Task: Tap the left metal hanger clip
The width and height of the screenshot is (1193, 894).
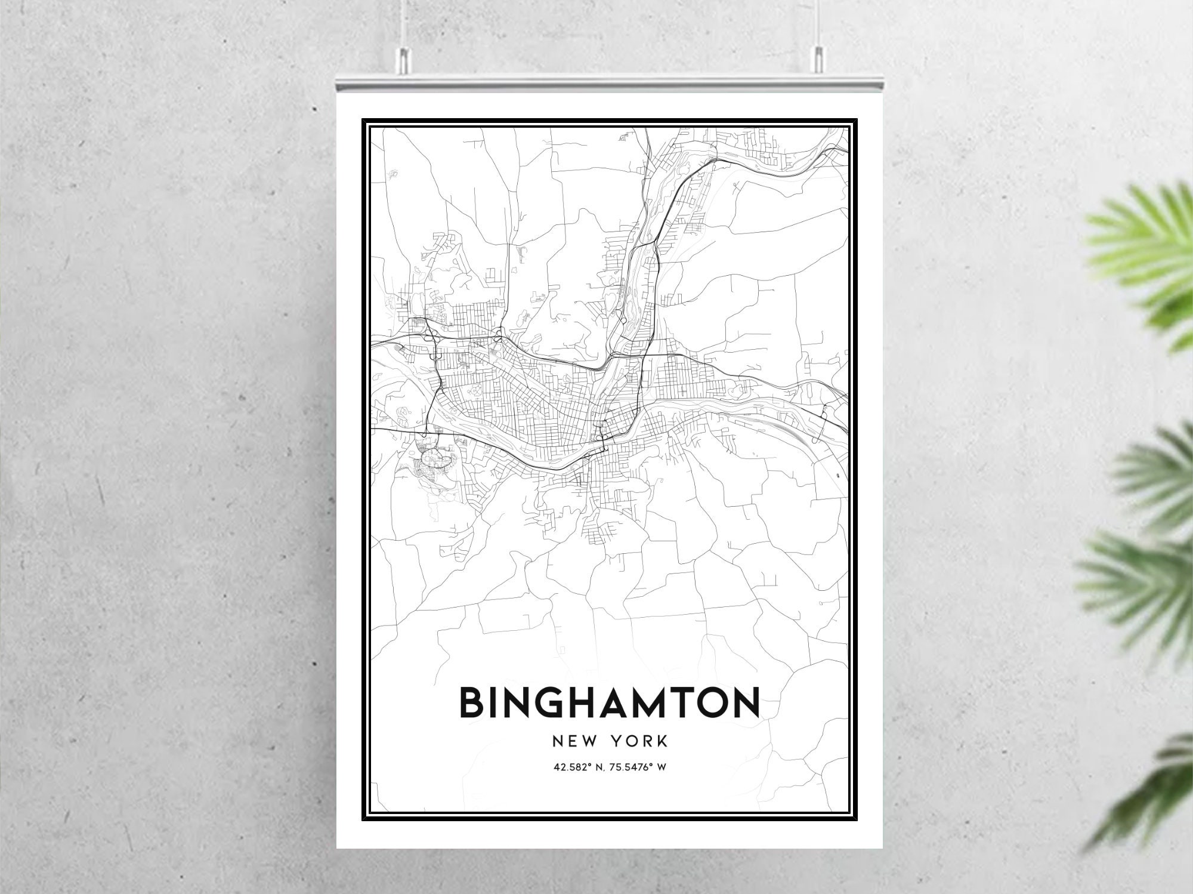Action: [x=405, y=59]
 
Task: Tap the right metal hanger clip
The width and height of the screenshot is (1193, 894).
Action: [x=817, y=59]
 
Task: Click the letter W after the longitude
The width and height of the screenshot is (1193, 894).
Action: [x=661, y=767]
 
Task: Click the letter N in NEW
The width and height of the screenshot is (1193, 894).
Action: [x=558, y=741]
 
